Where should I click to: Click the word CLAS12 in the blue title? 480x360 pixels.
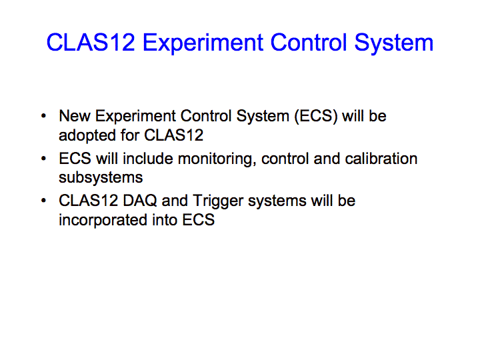pos(91,42)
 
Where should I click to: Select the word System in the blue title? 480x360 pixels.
pos(394,43)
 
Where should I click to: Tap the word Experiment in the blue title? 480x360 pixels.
pos(203,43)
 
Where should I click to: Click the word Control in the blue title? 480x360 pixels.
pos(309,42)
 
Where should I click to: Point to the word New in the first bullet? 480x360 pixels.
pos(75,116)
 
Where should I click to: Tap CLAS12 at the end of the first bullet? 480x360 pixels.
pos(173,135)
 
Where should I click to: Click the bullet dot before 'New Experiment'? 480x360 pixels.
pos(43,116)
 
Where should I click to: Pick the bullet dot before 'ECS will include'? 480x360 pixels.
pos(43,159)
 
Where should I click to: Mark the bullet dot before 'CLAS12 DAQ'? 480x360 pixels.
pos(43,201)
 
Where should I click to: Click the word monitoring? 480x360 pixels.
pos(217,159)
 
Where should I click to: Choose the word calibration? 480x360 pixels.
pos(381,159)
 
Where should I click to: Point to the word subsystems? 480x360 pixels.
pos(101,178)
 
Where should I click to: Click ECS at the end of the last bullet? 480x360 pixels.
pos(199,220)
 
